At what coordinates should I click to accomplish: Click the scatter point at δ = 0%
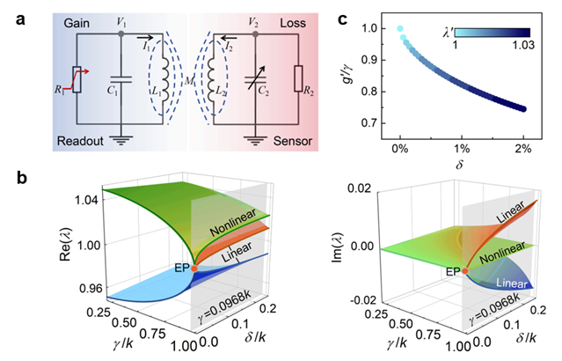click(403, 29)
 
